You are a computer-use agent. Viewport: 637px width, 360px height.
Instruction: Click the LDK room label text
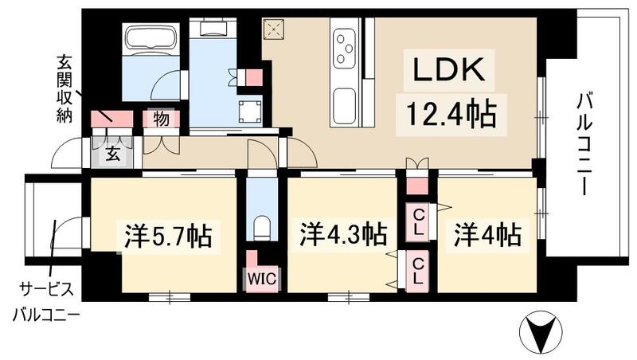pyautogui.click(x=447, y=71)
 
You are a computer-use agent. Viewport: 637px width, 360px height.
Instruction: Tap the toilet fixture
pyautogui.click(x=260, y=228)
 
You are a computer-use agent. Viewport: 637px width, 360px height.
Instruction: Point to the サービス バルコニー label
pyautogui.click(x=45, y=300)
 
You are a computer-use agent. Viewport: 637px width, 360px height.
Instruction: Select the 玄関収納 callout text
pyautogui.click(x=64, y=87)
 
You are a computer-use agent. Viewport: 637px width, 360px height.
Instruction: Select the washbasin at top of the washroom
pyautogui.click(x=214, y=29)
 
